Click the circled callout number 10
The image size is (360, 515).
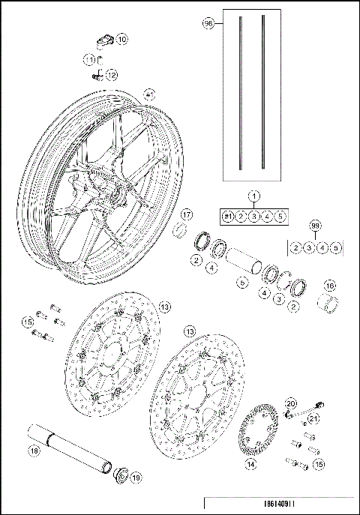[122, 38]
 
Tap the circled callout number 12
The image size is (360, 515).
[112, 75]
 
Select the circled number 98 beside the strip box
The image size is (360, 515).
[209, 24]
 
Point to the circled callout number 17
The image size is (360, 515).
[187, 215]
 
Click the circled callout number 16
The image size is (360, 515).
[328, 286]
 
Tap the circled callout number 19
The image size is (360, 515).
[136, 477]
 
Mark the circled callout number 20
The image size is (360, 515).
[291, 403]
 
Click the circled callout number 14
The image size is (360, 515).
[251, 465]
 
